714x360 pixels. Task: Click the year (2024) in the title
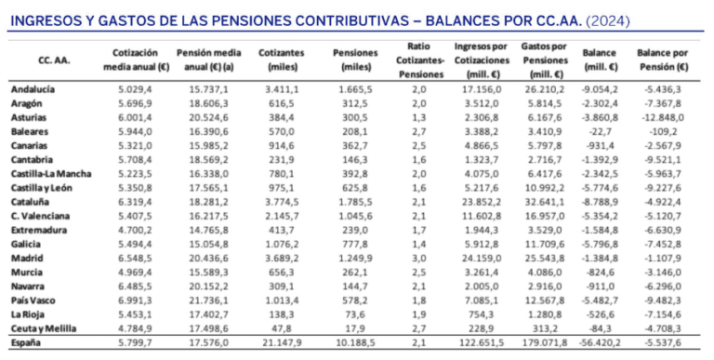point(608,21)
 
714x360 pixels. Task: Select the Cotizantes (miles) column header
point(281,60)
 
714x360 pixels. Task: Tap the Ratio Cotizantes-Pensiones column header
point(419,60)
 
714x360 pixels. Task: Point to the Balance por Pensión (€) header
point(663,60)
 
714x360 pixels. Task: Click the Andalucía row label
point(33,89)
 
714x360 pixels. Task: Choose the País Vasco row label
point(33,300)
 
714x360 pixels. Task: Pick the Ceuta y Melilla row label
point(44,328)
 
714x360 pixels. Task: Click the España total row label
point(25,342)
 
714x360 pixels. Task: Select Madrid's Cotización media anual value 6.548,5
point(135,259)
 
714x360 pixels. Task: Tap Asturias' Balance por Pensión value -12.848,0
point(663,117)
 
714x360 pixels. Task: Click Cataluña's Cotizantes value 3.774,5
point(282,202)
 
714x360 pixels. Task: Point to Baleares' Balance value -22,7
point(600,132)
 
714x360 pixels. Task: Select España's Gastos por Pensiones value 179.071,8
point(545,342)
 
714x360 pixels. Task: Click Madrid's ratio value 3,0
point(419,259)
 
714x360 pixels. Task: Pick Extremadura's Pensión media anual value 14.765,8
point(208,230)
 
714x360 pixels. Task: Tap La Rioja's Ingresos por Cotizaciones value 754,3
point(481,314)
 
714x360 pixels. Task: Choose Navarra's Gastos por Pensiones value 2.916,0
point(545,287)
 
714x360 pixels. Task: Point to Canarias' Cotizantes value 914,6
point(282,146)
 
